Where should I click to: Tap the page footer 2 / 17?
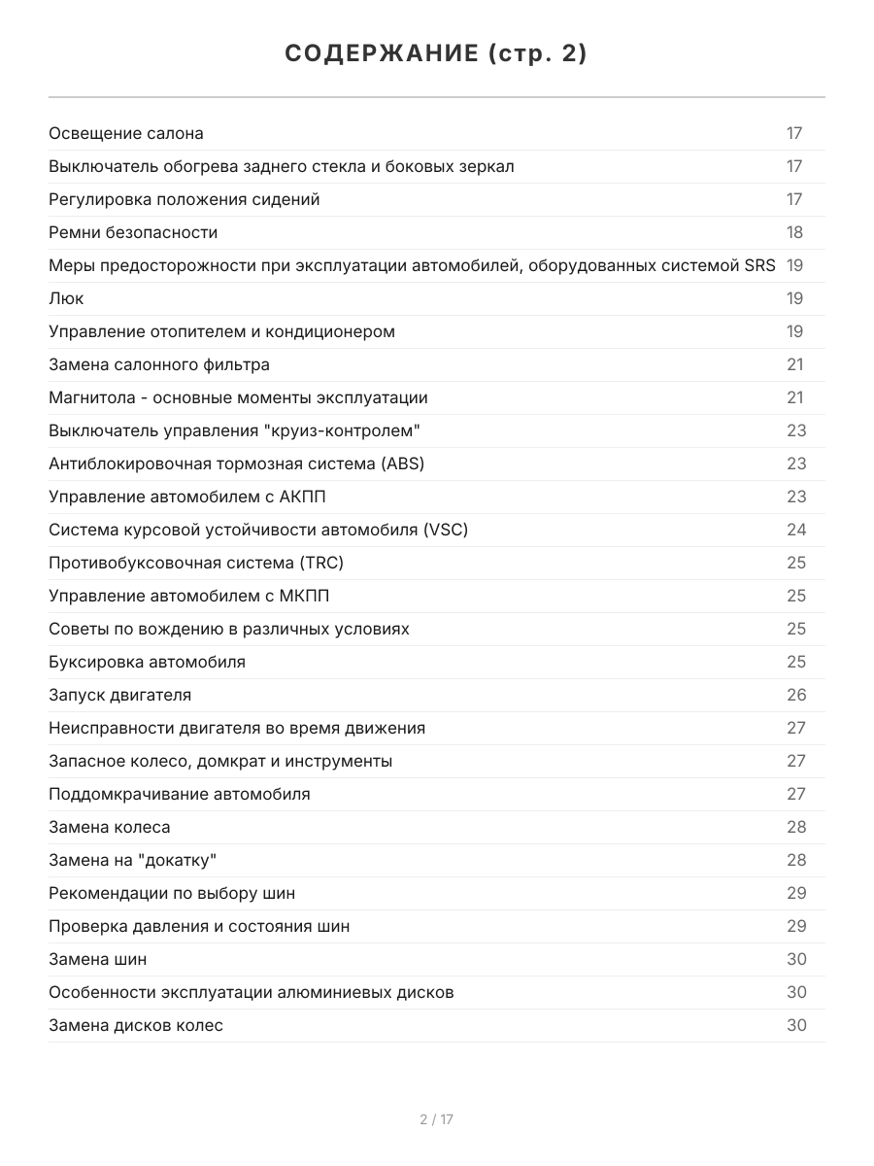point(436,1119)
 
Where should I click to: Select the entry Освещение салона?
point(126,133)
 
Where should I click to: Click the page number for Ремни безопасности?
point(794,232)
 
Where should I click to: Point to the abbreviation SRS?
point(759,265)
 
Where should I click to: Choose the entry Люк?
point(66,298)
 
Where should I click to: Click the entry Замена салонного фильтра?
point(159,364)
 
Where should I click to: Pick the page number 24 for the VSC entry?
point(796,530)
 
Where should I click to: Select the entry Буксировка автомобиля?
point(147,662)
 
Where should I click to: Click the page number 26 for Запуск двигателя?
point(796,695)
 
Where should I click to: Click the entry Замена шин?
point(98,959)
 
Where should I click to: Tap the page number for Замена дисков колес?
point(796,1025)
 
